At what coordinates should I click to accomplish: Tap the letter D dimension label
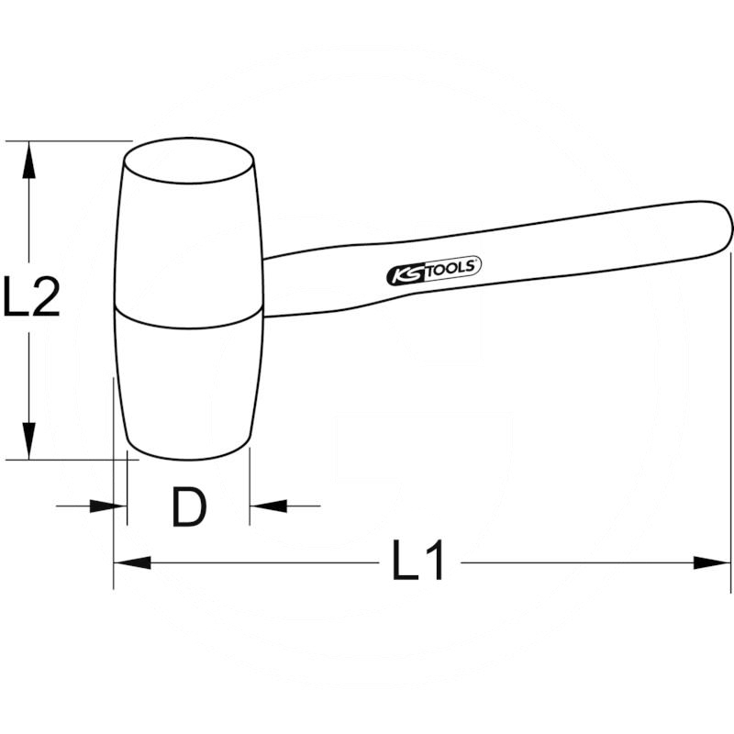pyautogui.click(x=189, y=506)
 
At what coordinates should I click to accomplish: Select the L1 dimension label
pyautogui.click(x=418, y=561)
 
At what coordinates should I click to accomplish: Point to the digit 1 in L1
pyautogui.click(x=434, y=561)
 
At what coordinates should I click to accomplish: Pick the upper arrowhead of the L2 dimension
pyautogui.click(x=30, y=160)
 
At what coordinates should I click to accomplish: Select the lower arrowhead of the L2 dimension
pyautogui.click(x=30, y=440)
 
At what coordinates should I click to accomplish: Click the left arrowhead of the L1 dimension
pyautogui.click(x=131, y=562)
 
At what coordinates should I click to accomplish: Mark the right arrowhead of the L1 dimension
pyautogui.click(x=713, y=562)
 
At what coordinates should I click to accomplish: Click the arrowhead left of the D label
pyautogui.click(x=109, y=505)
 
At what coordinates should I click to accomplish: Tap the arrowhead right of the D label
pyautogui.click(x=268, y=505)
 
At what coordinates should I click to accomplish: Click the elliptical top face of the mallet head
pyautogui.click(x=189, y=161)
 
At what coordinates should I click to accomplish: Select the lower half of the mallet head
pyautogui.click(x=188, y=385)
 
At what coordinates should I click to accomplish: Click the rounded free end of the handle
pyautogui.click(x=722, y=225)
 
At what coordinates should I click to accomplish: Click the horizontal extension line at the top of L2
pyautogui.click(x=73, y=140)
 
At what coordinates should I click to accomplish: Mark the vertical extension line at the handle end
pyautogui.click(x=731, y=413)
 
